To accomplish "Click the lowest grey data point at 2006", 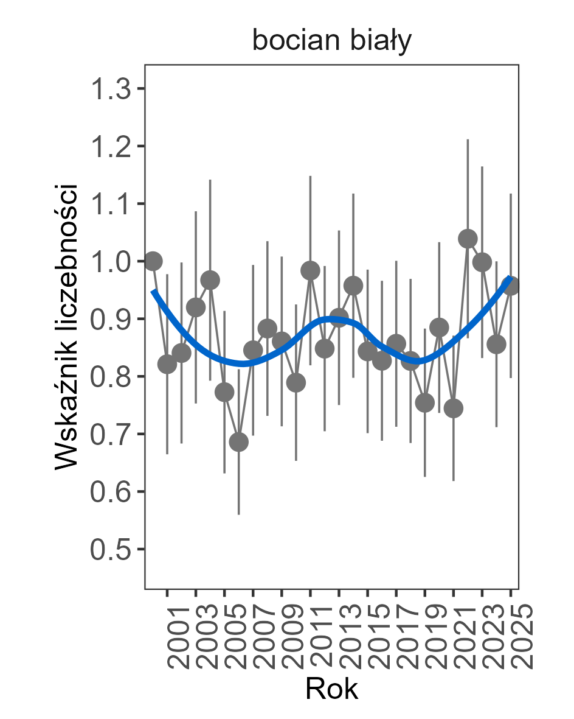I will pyautogui.click(x=239, y=442).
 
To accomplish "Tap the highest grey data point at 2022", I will pyautogui.click(x=468, y=238).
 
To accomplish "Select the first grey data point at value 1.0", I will pyautogui.click(x=153, y=261).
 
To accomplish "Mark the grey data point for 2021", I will pyautogui.click(x=454, y=408).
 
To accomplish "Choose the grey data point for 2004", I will pyautogui.click(x=210, y=280).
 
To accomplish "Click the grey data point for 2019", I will pyautogui.click(x=425, y=402).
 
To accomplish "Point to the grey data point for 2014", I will pyautogui.click(x=353, y=285).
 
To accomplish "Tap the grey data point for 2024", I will pyautogui.click(x=496, y=344).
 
